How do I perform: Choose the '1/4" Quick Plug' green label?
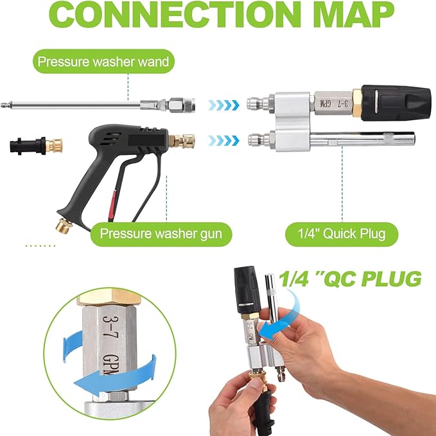click(342, 234)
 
